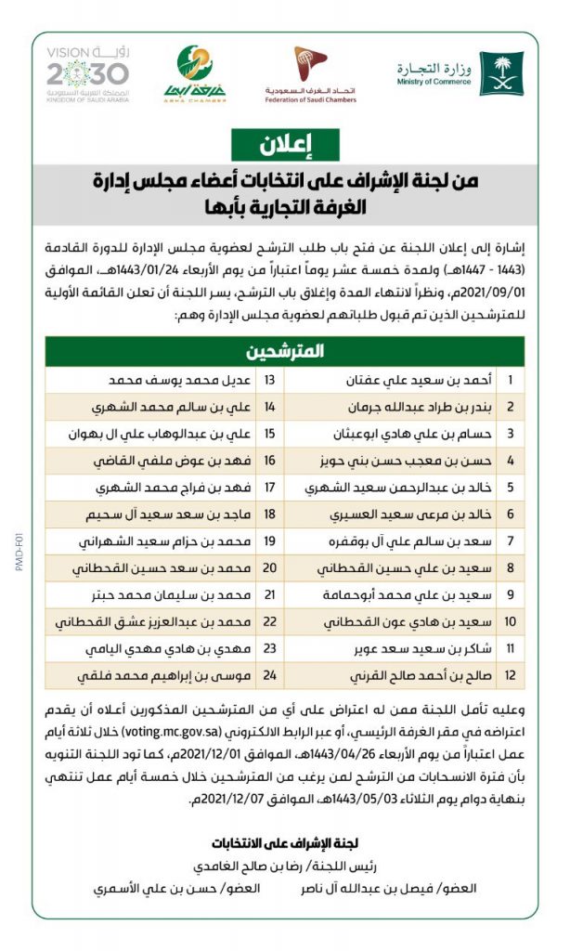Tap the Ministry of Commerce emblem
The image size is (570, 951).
tap(501, 73)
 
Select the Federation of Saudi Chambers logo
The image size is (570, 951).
tap(311, 72)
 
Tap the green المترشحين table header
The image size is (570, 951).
tap(285, 351)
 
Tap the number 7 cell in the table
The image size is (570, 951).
tap(509, 541)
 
